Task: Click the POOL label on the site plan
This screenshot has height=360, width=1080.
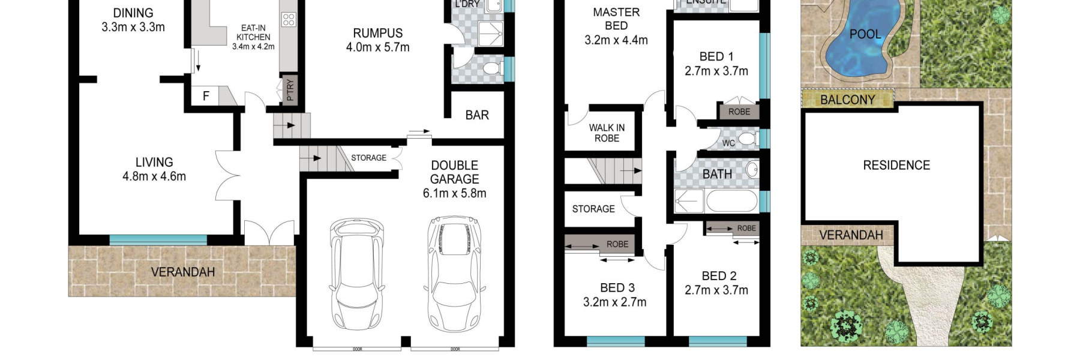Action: click(x=865, y=34)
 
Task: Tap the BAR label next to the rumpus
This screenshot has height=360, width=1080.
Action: click(x=477, y=115)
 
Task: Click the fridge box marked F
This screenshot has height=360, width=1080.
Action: click(x=206, y=96)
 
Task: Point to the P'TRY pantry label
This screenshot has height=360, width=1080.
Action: click(x=290, y=90)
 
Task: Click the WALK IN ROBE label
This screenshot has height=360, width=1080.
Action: click(x=607, y=133)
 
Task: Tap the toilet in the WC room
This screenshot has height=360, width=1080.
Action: click(x=746, y=139)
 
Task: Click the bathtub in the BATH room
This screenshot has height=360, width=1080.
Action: click(x=731, y=201)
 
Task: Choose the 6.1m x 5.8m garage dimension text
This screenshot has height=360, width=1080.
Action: click(x=454, y=193)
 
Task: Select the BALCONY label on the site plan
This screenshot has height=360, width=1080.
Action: click(x=847, y=100)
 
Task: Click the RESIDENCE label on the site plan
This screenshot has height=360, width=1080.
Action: click(x=896, y=165)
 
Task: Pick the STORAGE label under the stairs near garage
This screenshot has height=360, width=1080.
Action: click(x=368, y=158)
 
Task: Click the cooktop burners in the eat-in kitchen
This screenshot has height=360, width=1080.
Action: click(x=289, y=19)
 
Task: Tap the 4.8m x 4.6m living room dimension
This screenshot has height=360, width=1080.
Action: click(x=154, y=176)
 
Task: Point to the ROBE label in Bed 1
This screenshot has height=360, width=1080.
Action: click(x=739, y=112)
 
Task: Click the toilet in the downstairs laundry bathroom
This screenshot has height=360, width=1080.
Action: click(x=493, y=68)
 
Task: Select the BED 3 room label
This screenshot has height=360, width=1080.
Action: click(x=617, y=288)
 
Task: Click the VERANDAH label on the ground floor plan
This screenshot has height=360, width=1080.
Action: click(x=182, y=272)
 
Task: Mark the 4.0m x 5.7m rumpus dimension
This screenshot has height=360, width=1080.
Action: click(x=377, y=47)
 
